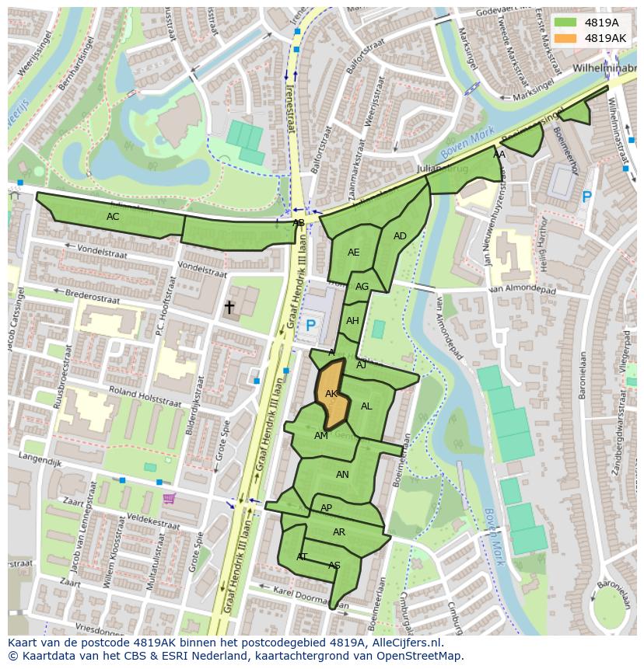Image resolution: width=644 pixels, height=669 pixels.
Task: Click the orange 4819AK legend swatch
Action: (565, 38)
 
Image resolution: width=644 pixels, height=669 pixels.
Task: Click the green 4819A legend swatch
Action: (565, 23)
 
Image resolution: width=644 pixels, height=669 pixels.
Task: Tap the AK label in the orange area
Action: (331, 394)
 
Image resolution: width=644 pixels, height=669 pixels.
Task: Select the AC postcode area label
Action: (113, 217)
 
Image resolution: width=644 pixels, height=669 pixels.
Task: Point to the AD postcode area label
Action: (400, 236)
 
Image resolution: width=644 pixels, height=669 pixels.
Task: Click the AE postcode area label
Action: (354, 253)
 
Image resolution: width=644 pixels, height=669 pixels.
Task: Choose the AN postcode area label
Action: (342, 475)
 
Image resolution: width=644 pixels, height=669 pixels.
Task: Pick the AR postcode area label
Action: (339, 532)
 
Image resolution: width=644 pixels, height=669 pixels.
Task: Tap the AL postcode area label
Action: (366, 406)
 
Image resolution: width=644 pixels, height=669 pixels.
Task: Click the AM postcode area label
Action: (321, 436)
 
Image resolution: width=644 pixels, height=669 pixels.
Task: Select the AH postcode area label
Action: (352, 321)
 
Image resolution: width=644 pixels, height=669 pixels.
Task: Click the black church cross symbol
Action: (229, 308)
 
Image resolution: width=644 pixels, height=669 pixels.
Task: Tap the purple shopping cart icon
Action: (169, 498)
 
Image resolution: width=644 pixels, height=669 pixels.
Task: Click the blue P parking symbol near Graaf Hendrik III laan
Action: (311, 326)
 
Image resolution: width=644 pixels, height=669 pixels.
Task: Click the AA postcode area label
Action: (499, 155)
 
